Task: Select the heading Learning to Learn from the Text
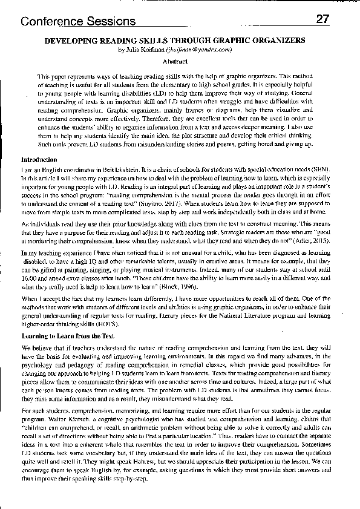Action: [x=68, y=335]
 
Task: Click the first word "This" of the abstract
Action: [x=44, y=76]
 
